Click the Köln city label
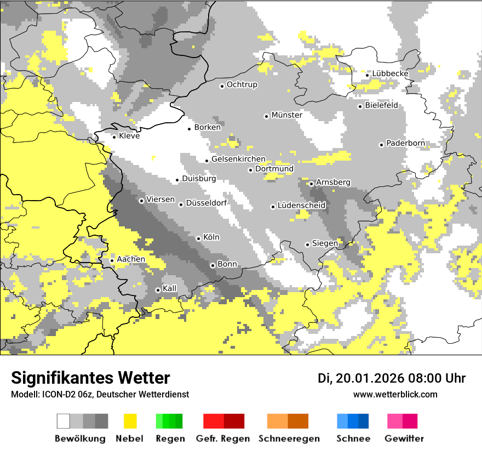(211, 237)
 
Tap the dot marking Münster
(266, 116)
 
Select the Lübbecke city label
(391, 73)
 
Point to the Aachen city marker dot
(112, 260)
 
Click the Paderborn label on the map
(405, 144)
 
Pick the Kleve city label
(129, 136)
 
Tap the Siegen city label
(325, 243)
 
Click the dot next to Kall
(158, 290)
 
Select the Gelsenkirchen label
(238, 159)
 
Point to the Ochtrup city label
(242, 84)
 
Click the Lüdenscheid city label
(301, 206)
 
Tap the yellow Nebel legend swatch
(130, 421)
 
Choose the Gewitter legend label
(404, 439)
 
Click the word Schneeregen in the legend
(289, 439)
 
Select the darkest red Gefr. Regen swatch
(234, 421)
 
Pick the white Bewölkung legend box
(64, 421)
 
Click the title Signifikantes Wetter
(90, 378)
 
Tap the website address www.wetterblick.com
(395, 394)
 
